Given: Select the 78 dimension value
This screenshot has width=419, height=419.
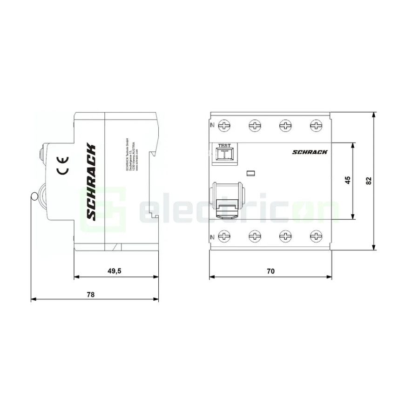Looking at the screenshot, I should tap(91, 294).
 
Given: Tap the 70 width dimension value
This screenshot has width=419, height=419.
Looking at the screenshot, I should tap(271, 270).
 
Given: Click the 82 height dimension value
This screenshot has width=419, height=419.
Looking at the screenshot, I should tap(369, 180).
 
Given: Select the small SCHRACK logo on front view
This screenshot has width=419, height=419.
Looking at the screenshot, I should tap(310, 152).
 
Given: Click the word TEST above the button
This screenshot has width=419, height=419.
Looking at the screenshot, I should tap(224, 146).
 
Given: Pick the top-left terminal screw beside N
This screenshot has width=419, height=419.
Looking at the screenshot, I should tap(224, 125).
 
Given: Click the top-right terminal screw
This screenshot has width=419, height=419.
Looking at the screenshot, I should tap(316, 125).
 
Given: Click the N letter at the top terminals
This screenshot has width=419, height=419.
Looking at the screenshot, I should tap(213, 125).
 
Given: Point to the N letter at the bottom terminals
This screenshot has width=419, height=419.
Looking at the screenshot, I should tap(213, 237).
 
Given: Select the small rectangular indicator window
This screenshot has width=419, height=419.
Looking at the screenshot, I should tap(250, 174).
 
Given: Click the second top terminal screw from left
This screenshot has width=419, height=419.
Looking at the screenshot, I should tap(255, 125).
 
